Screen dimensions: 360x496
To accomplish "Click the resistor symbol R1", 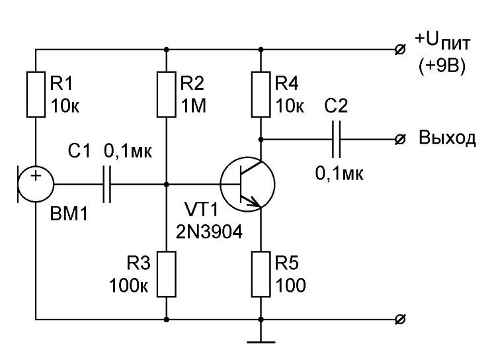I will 36,94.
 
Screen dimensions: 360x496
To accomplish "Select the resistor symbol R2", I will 166,94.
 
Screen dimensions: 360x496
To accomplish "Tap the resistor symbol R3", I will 166,273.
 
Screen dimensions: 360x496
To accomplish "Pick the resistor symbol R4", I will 262,94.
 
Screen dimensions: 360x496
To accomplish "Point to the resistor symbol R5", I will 262,273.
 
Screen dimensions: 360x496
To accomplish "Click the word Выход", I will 446,139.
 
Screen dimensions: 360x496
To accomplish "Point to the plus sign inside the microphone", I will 35,176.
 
